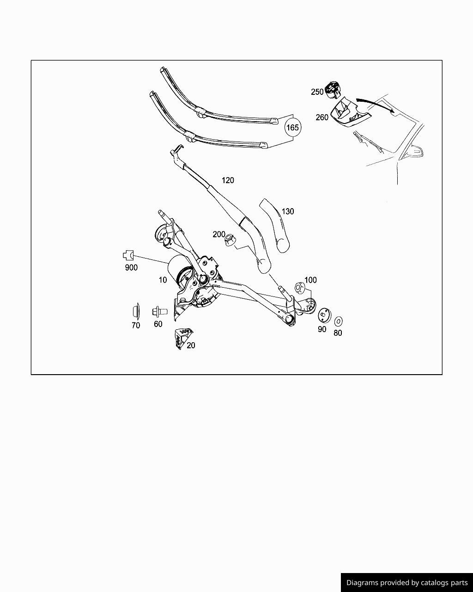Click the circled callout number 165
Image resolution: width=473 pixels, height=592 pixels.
point(292,127)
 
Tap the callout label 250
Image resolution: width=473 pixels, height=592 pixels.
point(317,92)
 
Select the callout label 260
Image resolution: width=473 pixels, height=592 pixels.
point(322,117)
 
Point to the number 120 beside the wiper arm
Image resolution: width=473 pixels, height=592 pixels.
point(228,180)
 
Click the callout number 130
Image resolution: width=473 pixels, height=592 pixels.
point(288,211)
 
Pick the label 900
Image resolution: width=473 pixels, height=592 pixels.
point(131,268)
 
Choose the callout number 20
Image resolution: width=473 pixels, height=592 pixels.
point(191,345)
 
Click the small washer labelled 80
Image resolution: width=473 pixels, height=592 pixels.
point(338,321)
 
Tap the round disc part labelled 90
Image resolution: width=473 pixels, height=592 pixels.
point(325,315)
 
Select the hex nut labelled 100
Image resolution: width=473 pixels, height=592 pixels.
point(299,288)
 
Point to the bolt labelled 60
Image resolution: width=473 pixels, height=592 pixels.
point(160,312)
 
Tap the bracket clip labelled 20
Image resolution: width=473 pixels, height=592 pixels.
point(183,339)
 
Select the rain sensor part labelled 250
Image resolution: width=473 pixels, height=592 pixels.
point(333,90)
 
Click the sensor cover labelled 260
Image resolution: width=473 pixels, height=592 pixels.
point(351,113)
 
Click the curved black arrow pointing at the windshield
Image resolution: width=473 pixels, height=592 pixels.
point(376,104)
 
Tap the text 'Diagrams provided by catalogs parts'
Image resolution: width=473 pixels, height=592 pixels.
point(407,583)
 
